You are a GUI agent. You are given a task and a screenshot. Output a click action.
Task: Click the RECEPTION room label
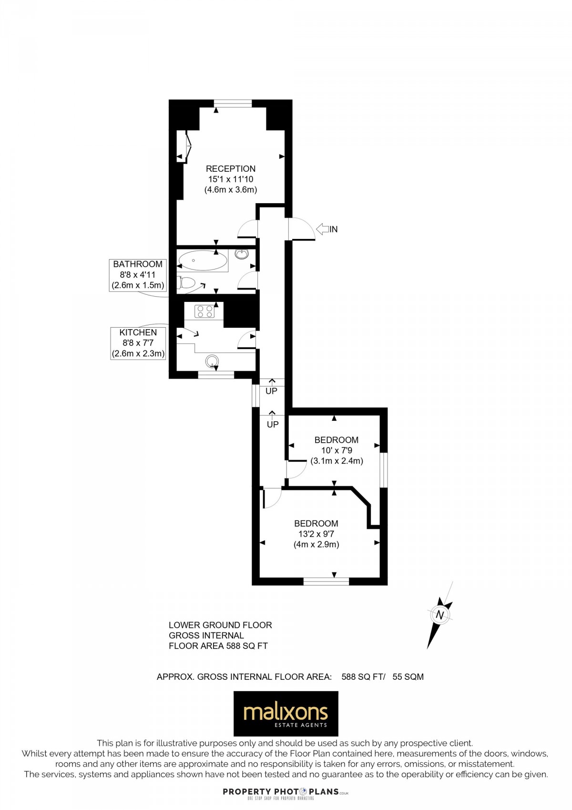(231, 169)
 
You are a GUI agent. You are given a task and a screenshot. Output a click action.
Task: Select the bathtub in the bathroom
(203, 261)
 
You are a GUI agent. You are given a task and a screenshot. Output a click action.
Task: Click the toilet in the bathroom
(187, 283)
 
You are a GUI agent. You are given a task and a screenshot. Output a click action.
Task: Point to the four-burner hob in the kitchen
(204, 312)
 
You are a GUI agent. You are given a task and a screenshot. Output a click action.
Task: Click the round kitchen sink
(213, 361)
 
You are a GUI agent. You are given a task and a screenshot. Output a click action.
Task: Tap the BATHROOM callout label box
(138, 275)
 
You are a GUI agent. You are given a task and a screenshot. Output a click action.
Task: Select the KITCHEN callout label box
(138, 343)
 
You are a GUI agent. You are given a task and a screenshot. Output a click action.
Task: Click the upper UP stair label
(271, 391)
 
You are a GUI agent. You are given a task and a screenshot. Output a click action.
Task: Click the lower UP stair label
(273, 424)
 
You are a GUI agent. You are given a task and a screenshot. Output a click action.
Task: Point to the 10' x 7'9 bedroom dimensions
(337, 450)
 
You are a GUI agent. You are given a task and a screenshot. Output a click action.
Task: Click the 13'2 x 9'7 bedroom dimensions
(316, 534)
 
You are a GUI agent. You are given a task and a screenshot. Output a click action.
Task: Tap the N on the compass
(440, 615)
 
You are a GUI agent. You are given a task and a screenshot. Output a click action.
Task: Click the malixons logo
(286, 714)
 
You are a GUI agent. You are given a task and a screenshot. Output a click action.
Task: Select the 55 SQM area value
(408, 676)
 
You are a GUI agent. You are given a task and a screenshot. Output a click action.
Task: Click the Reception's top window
(233, 104)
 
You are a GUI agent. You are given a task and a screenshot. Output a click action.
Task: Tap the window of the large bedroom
(327, 582)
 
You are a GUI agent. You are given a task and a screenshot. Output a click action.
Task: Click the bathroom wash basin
(242, 254)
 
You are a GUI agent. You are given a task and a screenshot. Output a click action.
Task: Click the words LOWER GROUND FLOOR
(220, 625)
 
